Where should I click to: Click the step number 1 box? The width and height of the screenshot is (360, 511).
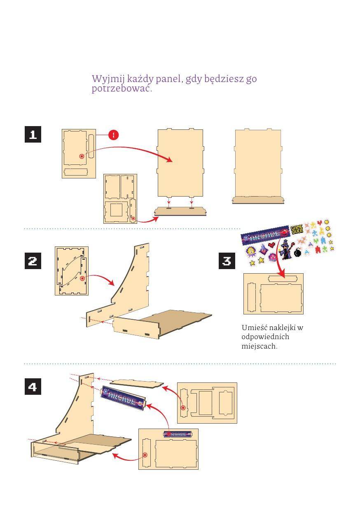point(33,134)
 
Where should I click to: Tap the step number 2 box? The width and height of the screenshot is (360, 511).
point(33,261)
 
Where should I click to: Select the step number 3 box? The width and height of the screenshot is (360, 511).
point(227,261)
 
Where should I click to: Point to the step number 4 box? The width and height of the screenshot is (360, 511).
point(33,387)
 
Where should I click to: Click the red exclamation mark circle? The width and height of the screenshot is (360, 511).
point(114,135)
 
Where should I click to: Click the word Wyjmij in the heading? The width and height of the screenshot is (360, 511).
point(108,79)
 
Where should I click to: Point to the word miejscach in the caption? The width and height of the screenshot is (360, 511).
point(259,346)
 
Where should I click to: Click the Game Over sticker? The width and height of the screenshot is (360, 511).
point(297,229)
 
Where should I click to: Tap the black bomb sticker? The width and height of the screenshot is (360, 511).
point(298,253)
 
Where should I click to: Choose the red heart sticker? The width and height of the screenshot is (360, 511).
point(271,245)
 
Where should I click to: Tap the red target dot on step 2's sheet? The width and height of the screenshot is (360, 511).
point(82,279)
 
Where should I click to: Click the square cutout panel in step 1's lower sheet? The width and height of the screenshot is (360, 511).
point(116,210)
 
